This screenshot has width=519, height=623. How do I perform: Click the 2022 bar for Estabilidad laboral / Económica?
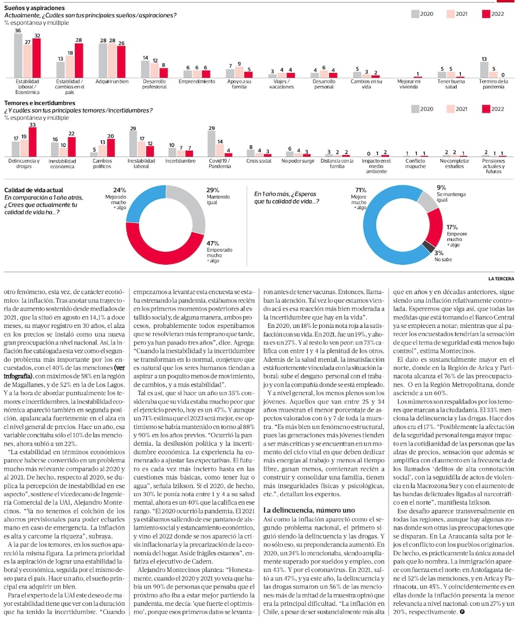pos(36,58)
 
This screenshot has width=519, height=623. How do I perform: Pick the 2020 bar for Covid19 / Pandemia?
pos(211,143)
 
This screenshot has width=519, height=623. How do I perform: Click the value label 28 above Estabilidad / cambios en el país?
pos(79,40)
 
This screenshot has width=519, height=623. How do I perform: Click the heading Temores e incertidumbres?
pos(39,103)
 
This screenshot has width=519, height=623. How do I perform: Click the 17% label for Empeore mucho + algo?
pos(452,227)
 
